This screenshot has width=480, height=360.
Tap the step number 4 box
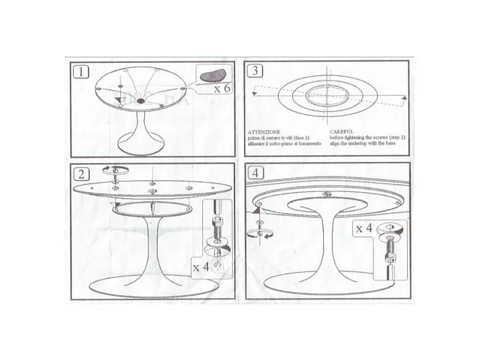coord(255,174)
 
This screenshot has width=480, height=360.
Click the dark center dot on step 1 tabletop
coord(141,101)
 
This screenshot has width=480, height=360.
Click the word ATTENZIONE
coord(264,132)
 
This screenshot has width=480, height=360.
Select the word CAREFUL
coord(341,132)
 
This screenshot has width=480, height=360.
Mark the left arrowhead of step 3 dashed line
coord(254,91)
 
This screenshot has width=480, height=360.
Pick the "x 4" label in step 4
coord(363,229)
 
